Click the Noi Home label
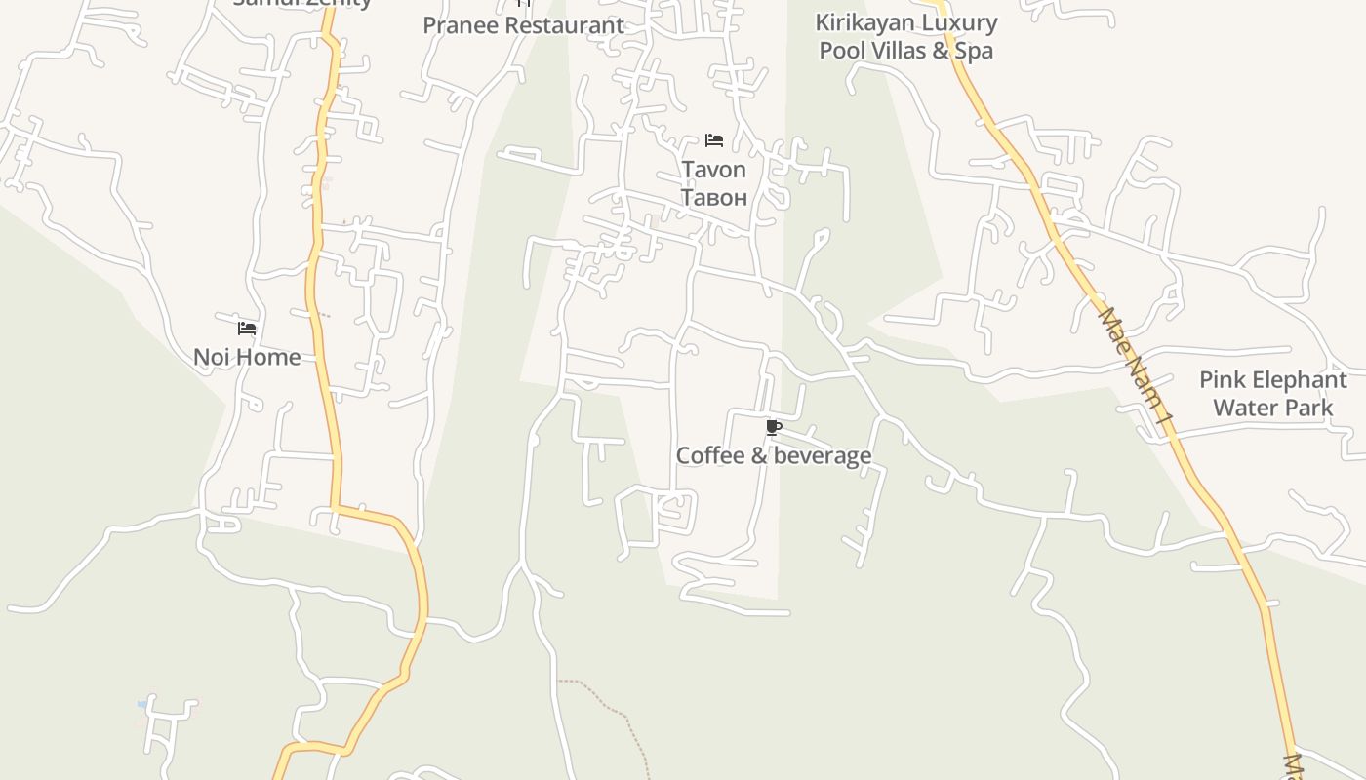coord(247,357)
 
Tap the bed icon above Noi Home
coord(247,329)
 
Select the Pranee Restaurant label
coord(523,25)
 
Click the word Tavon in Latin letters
coord(713,170)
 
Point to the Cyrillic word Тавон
coord(713,197)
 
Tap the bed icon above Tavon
coord(714,140)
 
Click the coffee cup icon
coord(773,428)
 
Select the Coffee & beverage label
coord(773,455)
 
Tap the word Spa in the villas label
coord(974,50)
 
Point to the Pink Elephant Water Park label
coord(1272,393)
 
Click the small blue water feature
coord(142,703)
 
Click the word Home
coord(268,357)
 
